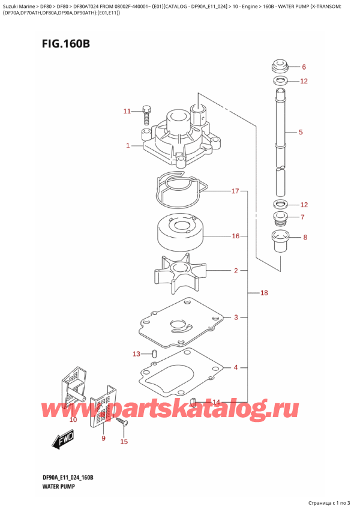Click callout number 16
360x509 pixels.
[235, 236]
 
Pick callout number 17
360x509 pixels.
[235, 191]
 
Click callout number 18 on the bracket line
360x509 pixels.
[264, 293]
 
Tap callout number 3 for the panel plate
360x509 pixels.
[236, 317]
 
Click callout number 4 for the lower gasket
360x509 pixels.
[236, 367]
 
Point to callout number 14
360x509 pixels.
[216, 402]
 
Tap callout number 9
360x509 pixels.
[103, 438]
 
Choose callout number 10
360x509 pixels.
[73, 420]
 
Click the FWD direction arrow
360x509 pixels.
[62, 444]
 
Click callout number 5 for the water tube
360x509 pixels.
[301, 132]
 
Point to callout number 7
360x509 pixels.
[302, 217]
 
